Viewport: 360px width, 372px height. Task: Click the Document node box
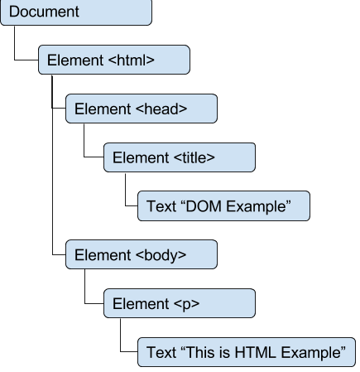pyautogui.click(x=75, y=12)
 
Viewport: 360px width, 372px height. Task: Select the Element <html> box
pyautogui.click(x=113, y=60)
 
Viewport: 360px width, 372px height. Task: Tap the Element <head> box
pyautogui.click(x=141, y=109)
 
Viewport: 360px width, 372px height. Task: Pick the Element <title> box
pyautogui.click(x=179, y=157)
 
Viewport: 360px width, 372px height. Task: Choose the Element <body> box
pyautogui.click(x=141, y=254)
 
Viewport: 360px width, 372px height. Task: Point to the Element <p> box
pyautogui.click(x=179, y=303)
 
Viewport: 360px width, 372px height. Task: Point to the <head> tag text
pyautogui.click(x=161, y=109)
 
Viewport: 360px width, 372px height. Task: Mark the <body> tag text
pyautogui.click(x=161, y=254)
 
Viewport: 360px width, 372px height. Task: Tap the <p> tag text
pyautogui.click(x=187, y=303)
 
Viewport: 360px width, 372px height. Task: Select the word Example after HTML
pyautogui.click(x=311, y=352)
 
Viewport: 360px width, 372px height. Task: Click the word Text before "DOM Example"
pyautogui.click(x=161, y=206)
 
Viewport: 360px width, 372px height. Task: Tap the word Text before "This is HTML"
pyautogui.click(x=161, y=352)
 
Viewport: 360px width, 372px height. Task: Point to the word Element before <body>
pyautogui.click(x=101, y=254)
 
